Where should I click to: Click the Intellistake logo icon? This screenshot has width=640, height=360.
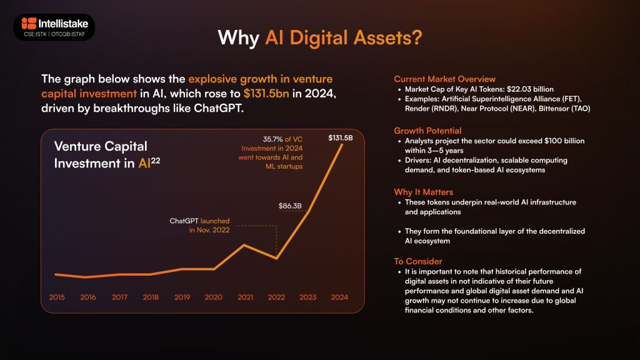(29, 23)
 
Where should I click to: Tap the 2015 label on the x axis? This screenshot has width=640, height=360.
(57, 297)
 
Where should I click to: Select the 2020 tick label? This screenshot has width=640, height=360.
(214, 297)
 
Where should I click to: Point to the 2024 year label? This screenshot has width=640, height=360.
(339, 297)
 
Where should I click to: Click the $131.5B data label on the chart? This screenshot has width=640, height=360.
(341, 138)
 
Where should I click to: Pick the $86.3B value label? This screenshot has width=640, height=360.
(290, 206)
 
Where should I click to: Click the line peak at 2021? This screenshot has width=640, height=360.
(244, 245)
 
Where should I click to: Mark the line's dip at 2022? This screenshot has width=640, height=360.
(277, 258)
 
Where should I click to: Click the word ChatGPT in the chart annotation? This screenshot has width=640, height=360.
(184, 221)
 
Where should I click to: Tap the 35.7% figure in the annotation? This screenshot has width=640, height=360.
(272, 139)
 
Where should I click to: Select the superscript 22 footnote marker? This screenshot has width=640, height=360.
(156, 161)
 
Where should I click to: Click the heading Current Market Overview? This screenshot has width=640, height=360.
(444, 79)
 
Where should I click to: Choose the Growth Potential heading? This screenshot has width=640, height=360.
(427, 131)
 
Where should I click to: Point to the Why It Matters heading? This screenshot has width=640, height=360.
(423, 192)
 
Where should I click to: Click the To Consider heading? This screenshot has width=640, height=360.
(418, 261)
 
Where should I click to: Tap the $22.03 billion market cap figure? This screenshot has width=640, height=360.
(530, 89)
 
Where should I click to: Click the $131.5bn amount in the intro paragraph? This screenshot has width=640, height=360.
(266, 94)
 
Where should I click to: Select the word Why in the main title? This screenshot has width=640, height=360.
(239, 38)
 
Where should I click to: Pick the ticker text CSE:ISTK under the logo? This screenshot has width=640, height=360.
(35, 34)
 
